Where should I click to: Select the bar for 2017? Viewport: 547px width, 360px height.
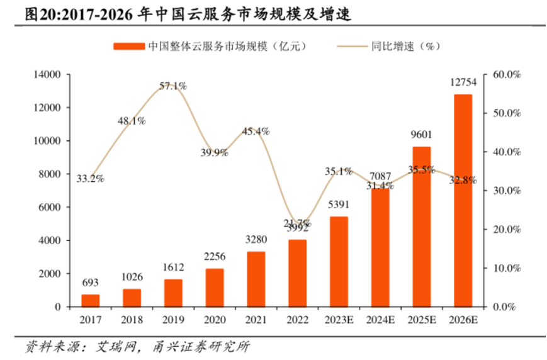pos(90,300)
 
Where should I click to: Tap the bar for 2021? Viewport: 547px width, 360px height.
pos(256,279)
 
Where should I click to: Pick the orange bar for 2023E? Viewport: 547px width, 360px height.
pos(339,261)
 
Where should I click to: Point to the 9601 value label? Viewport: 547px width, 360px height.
pos(421,134)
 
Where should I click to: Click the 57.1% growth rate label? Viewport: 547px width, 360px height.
pos(172,86)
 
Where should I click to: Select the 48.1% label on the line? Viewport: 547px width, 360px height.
pos(132,120)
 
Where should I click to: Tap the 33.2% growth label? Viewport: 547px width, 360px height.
pos(90,179)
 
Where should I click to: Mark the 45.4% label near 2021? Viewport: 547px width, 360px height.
pos(256,132)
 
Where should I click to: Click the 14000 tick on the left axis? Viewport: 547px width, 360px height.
pos(47,75)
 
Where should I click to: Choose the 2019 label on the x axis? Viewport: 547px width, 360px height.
pos(172,320)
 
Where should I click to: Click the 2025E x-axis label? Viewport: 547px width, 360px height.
pos(421,320)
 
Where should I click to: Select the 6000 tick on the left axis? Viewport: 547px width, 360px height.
pos(50,207)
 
